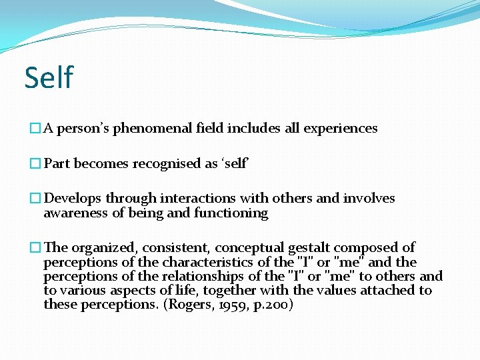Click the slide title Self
point(49,77)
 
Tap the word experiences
point(341,129)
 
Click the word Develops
point(72,199)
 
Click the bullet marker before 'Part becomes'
point(36,164)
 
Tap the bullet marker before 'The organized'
point(36,248)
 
